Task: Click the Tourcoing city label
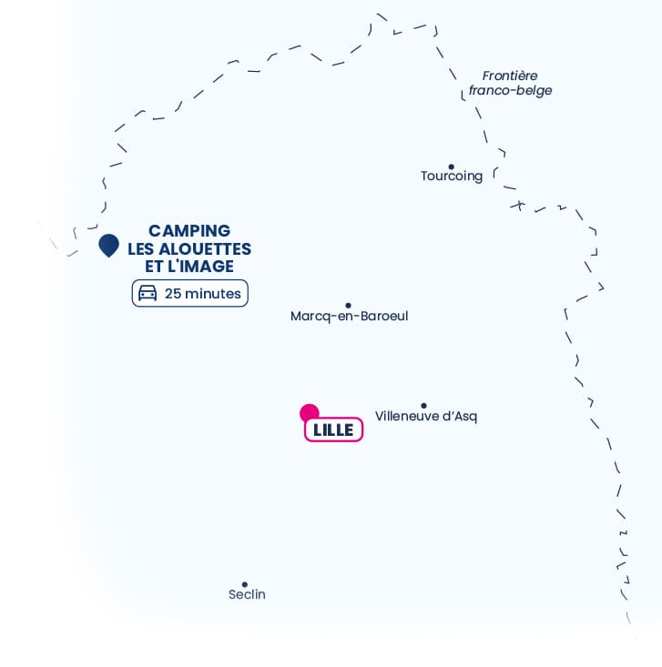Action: point(452,177)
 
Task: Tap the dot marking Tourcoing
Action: point(452,167)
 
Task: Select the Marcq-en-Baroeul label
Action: point(349,316)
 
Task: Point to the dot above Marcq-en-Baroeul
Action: point(348,306)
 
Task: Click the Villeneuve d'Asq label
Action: point(426,416)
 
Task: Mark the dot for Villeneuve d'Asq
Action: point(423,406)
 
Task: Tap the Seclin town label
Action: point(247,594)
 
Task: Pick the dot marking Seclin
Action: point(245,584)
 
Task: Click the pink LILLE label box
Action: point(334,430)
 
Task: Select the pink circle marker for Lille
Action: point(309,412)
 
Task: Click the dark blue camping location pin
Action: point(108,245)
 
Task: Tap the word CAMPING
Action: point(189,231)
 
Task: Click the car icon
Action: point(148,293)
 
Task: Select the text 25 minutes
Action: point(203,294)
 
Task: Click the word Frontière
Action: point(510,76)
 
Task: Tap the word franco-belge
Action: point(511,91)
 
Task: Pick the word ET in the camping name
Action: point(154,267)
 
